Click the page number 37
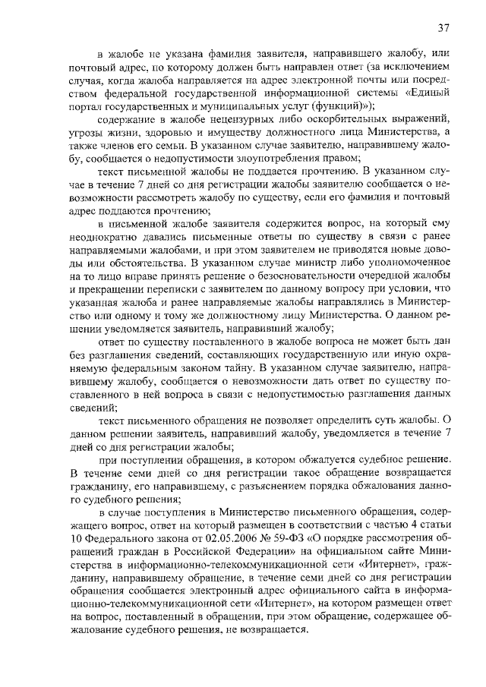pyautogui.click(x=444, y=27)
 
